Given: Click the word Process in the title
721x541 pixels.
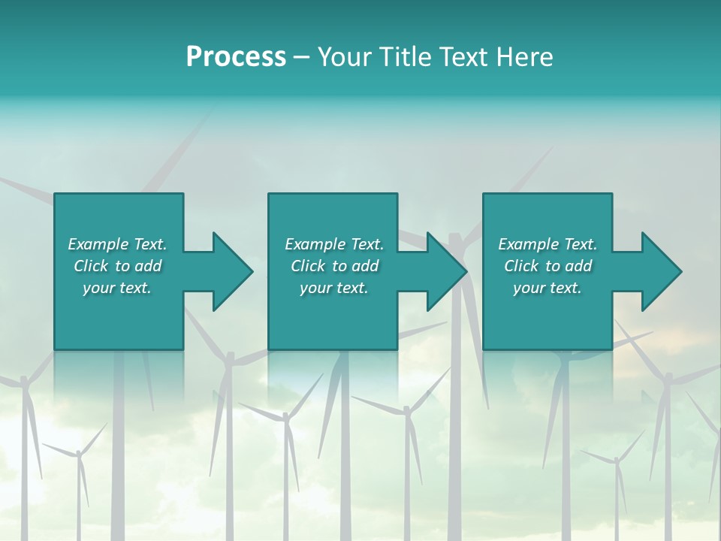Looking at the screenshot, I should point(236,56).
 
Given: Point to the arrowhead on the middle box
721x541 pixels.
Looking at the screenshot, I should point(446,271).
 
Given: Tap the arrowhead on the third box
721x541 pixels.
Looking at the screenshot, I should point(661,271).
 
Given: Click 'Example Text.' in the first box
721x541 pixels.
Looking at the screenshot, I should point(117,244).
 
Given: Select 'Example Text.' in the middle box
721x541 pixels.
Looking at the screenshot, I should point(334,244).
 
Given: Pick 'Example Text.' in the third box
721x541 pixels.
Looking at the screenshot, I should point(548,244).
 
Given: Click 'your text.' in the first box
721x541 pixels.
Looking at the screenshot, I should point(117,288).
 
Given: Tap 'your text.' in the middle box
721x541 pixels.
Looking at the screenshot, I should point(334,288).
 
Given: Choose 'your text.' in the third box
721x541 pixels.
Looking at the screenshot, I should point(548,288).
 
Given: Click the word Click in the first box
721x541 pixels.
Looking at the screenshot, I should point(91,266).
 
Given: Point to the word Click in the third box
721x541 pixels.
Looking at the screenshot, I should point(522,266).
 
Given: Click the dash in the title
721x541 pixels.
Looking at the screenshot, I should point(301,56).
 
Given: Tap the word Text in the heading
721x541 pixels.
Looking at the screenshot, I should point(460,56).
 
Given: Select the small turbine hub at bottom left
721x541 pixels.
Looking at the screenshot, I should point(78,453).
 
